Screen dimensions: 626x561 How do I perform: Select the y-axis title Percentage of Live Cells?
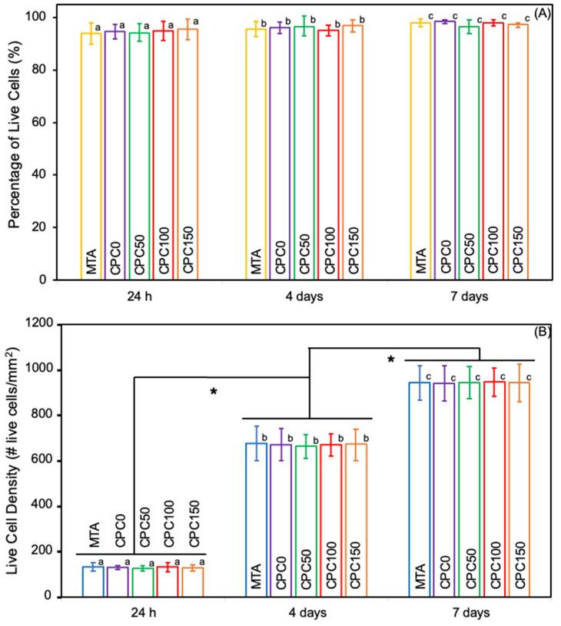click(14, 146)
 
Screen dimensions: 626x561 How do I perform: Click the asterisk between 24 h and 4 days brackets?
click(214, 392)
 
